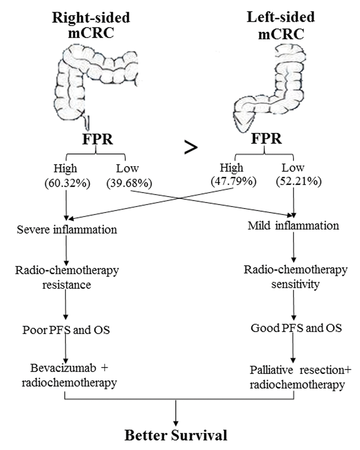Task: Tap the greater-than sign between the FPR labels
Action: pyautogui.click(x=191, y=148)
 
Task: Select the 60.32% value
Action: pyautogui.click(x=67, y=183)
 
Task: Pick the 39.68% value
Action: pyautogui.click(x=129, y=183)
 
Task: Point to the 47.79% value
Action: pyautogui.click(x=233, y=181)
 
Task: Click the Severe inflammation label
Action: pyautogui.click(x=67, y=230)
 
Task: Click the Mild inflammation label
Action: pyautogui.click(x=293, y=225)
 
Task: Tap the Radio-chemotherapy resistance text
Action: pyautogui.click(x=67, y=277)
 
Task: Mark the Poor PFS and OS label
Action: pyautogui.click(x=66, y=330)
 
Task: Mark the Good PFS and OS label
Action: pyautogui.click(x=296, y=328)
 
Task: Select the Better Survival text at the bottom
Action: pyautogui.click(x=176, y=435)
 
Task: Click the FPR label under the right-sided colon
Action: pyautogui.click(x=97, y=139)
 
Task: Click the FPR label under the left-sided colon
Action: pyautogui.click(x=266, y=138)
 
